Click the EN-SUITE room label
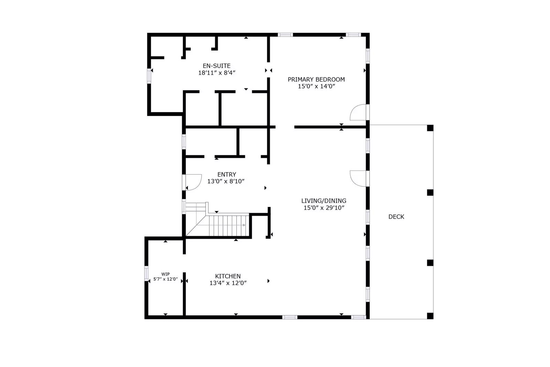coord(216,66)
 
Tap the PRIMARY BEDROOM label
coord(316,80)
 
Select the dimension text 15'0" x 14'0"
coord(316,86)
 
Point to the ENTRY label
coord(227,175)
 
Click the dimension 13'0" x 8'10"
coord(226,181)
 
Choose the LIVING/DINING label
coord(324,201)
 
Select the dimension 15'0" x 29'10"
coord(324,208)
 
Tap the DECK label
coord(396,217)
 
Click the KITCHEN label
coord(228,276)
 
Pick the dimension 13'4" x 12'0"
coord(228,283)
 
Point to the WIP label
coord(165,274)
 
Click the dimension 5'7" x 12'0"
coord(165,279)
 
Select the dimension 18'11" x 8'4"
coord(216,73)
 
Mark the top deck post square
coord(430,128)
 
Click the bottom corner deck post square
coord(430,316)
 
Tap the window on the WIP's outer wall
coord(146,273)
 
